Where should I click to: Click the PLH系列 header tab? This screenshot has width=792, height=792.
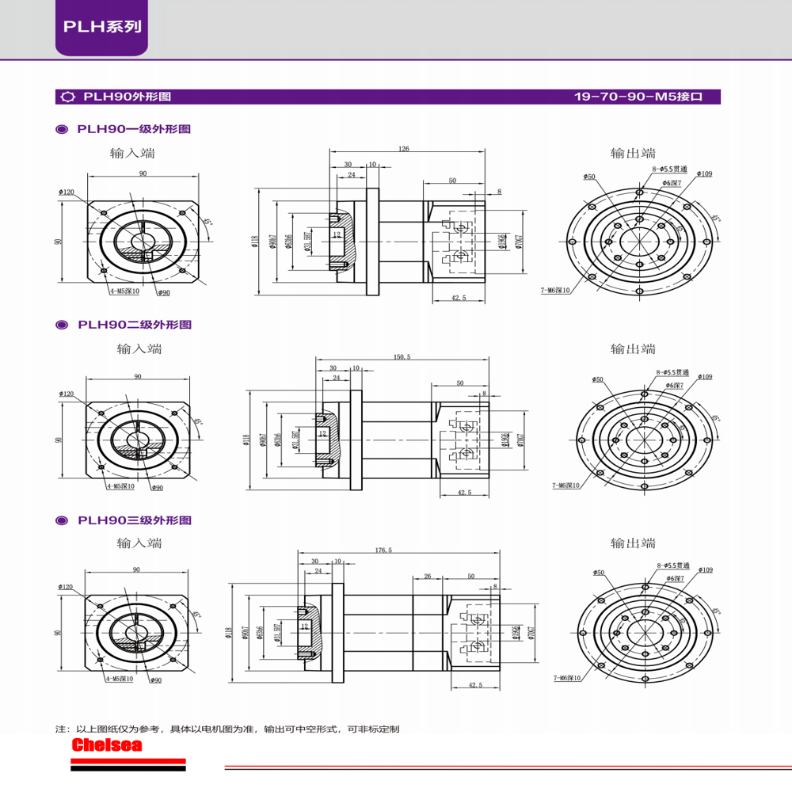pos(101,26)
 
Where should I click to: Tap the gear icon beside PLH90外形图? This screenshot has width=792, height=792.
pos(67,97)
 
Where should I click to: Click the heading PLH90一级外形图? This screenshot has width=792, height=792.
pos(134,129)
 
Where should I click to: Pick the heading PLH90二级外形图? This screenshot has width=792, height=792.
pos(134,325)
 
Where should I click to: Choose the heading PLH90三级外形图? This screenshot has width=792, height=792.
pos(134,520)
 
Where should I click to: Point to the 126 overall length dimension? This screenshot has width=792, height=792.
pos(404,148)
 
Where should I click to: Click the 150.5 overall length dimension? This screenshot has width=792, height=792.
pos(402,357)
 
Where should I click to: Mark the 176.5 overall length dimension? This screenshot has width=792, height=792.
pos(383,550)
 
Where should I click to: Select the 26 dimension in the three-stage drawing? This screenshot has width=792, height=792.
pos(427,577)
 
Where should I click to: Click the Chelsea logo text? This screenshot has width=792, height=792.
pos(106,745)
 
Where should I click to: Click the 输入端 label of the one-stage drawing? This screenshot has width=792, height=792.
pos(132,153)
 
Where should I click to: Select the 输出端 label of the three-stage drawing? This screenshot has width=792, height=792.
pos(633,543)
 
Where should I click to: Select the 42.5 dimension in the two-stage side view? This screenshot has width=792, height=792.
pos(464,493)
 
